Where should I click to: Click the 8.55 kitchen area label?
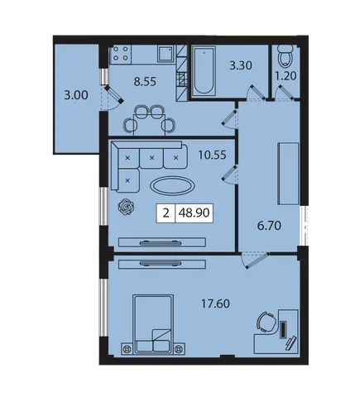click(x=145, y=81)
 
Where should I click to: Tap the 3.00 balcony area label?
click(x=76, y=95)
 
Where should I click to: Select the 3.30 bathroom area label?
click(x=241, y=65)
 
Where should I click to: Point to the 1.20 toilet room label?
click(x=286, y=76)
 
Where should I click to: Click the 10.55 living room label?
click(x=212, y=155)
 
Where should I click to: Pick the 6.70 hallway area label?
click(x=269, y=226)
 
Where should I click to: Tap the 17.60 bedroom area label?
click(x=215, y=304)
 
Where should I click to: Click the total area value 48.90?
click(x=194, y=213)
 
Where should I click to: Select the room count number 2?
click(x=166, y=213)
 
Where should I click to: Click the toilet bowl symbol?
click(x=286, y=56)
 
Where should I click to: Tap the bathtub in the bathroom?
click(x=204, y=71)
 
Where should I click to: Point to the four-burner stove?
click(x=121, y=54)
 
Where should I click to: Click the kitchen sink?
click(x=166, y=54)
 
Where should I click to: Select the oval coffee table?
click(x=173, y=185)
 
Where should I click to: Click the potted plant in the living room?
click(x=126, y=207)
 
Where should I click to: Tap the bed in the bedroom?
click(x=153, y=324)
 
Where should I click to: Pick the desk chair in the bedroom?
click(x=266, y=322)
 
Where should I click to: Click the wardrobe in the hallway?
click(x=288, y=174)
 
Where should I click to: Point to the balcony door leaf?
click(x=114, y=94)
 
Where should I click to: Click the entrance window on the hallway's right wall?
click(x=305, y=225)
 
